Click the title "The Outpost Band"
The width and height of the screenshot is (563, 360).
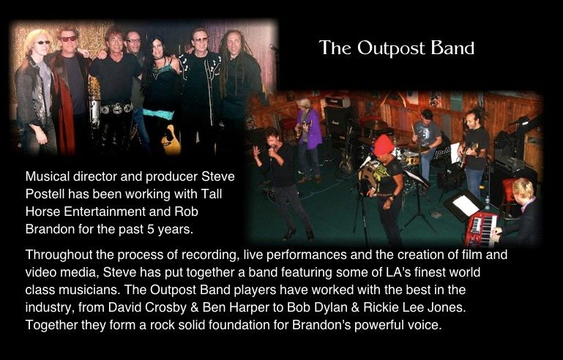pyautogui.click(x=396, y=48)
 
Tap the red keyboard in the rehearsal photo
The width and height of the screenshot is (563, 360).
pyautogui.click(x=482, y=228)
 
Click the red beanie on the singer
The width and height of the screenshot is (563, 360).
pyautogui.click(x=384, y=145)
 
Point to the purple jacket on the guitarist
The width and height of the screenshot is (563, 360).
pyautogui.click(x=310, y=129)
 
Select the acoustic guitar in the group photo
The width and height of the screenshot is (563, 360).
pyautogui.click(x=171, y=140)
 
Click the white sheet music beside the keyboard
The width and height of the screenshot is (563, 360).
pyautogui.click(x=466, y=206)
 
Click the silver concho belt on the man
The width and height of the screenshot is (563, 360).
pyautogui.click(x=116, y=108)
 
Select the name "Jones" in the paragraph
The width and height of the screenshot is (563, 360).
pyautogui.click(x=447, y=307)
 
